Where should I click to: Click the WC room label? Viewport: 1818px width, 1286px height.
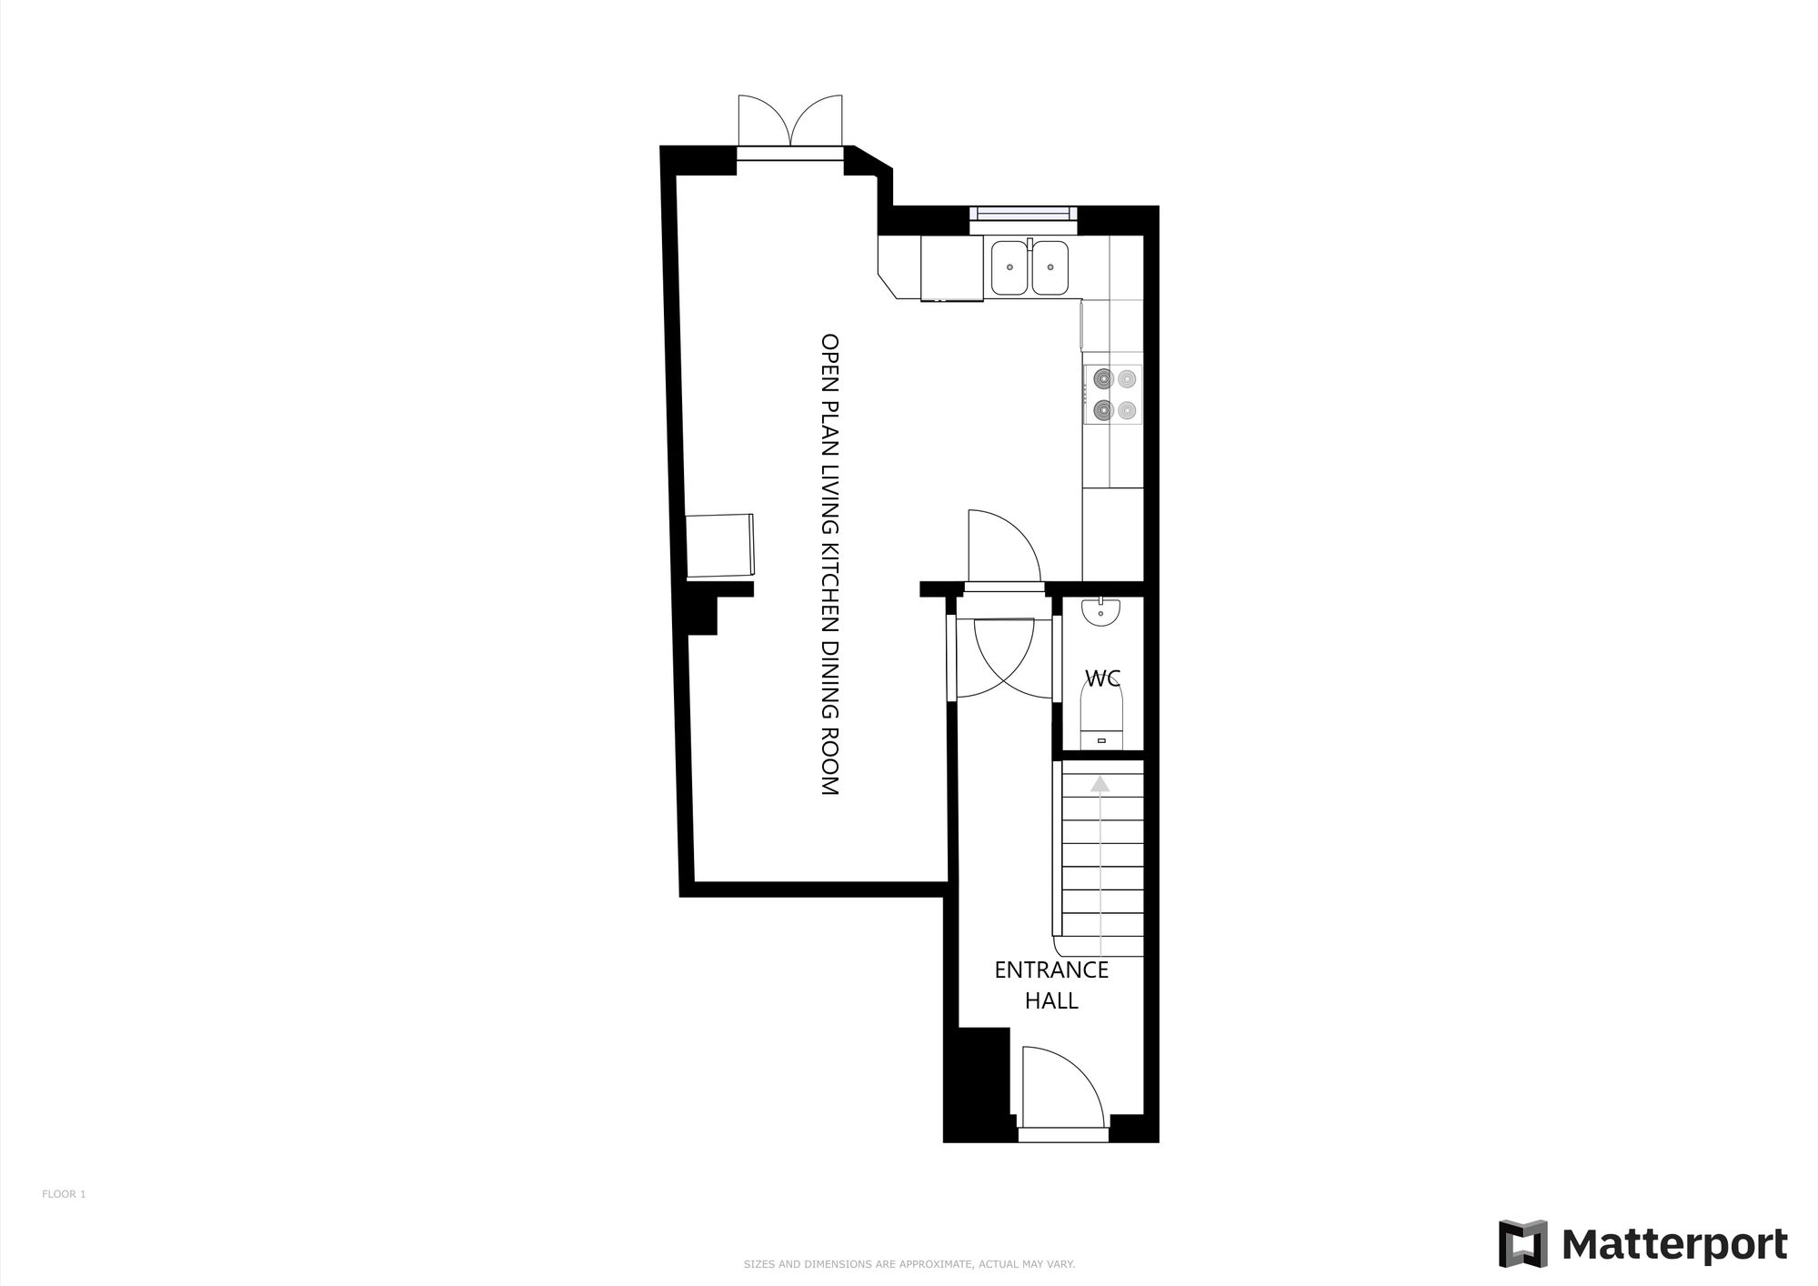(1102, 678)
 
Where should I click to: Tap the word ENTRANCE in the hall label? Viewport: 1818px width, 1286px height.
(1051, 970)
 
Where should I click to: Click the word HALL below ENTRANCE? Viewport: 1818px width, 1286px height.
(1051, 1001)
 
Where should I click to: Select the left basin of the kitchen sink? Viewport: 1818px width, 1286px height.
(1009, 267)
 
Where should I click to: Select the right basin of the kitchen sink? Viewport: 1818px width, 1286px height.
(1050, 267)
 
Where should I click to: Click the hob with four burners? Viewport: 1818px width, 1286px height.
(1113, 395)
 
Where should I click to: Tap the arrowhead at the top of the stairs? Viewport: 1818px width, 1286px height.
(1100, 782)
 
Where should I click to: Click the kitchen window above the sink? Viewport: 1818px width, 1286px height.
(1023, 214)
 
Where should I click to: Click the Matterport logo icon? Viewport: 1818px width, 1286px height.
(1523, 1243)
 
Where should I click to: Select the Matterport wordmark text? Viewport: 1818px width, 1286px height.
(1675, 1244)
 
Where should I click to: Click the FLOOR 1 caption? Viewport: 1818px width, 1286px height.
(64, 1194)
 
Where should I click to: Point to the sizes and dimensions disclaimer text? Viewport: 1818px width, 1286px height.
(909, 1264)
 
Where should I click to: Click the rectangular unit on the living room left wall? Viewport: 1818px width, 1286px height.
(720, 545)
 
